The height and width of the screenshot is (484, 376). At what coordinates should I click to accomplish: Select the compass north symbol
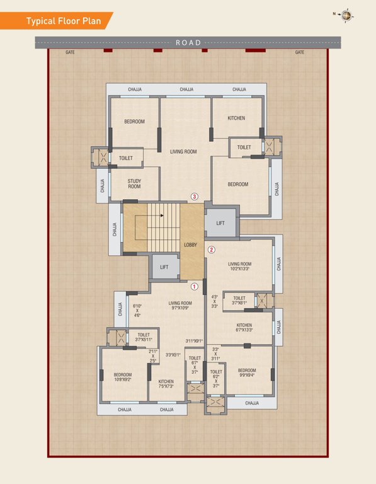click(x=345, y=13)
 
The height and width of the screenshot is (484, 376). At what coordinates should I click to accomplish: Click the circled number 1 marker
click(x=195, y=286)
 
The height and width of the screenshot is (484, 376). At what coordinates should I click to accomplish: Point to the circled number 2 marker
click(x=212, y=249)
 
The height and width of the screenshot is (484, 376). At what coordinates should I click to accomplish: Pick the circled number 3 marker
click(x=195, y=197)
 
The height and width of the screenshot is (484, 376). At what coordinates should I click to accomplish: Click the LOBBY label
click(x=190, y=245)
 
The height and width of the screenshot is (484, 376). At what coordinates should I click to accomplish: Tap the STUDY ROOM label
click(x=134, y=184)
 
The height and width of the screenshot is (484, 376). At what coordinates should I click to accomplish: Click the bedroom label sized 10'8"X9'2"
click(x=123, y=377)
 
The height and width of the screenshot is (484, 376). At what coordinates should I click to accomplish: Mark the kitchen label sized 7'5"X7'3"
click(x=166, y=384)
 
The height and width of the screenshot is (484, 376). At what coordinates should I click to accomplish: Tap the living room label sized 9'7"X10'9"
click(x=180, y=306)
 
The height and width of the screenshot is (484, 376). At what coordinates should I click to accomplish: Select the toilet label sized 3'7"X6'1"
click(x=239, y=301)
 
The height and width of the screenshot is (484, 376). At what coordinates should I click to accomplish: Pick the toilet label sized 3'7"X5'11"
click(x=144, y=337)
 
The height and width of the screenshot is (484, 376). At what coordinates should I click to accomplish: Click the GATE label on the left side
click(x=70, y=52)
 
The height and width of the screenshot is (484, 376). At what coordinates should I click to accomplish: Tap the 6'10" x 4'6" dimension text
click(x=137, y=311)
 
